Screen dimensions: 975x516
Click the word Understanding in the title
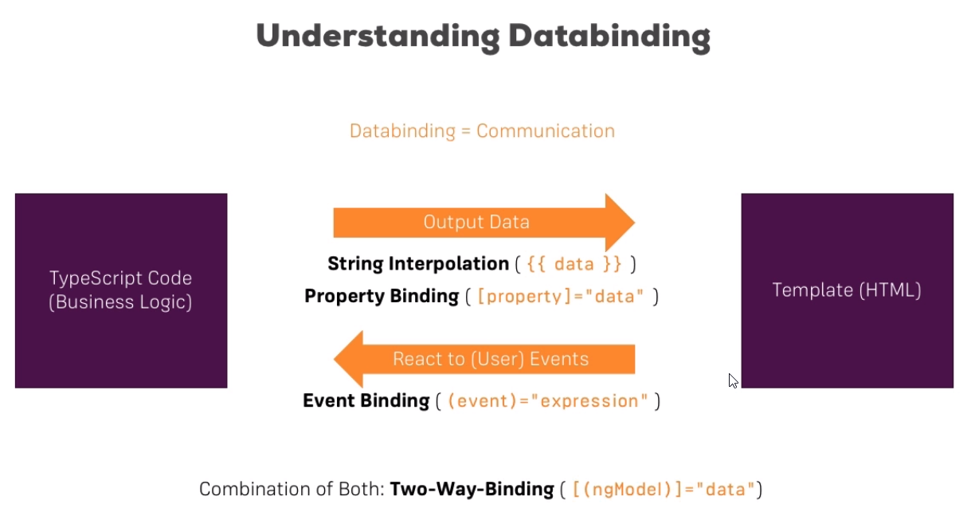point(378,37)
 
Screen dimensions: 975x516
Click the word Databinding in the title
point(609,37)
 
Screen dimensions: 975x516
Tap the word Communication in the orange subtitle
point(546,131)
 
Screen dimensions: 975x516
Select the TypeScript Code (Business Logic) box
point(121,290)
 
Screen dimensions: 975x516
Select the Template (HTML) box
point(848,290)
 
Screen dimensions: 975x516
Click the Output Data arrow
point(484,223)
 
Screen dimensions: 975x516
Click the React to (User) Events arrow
point(484,359)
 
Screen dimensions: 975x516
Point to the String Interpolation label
point(418,264)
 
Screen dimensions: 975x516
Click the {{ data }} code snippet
point(574,264)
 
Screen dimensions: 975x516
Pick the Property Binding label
point(382,297)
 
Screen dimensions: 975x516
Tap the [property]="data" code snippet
point(561,297)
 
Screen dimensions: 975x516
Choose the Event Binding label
point(366,401)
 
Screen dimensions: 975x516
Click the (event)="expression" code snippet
point(548,401)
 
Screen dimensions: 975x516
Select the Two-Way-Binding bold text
point(472,489)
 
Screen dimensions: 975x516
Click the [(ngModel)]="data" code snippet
point(664,490)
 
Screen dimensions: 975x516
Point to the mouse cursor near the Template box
point(734,380)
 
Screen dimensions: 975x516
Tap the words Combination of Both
point(292,489)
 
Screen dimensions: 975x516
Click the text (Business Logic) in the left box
point(120,302)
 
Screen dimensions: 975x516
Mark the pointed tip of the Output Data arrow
point(635,223)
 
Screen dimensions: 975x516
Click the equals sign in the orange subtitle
point(466,131)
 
